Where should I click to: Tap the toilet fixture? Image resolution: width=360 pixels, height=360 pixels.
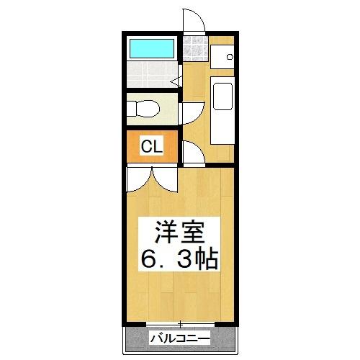[143, 109]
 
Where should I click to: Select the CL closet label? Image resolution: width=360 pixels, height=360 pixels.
[151, 148]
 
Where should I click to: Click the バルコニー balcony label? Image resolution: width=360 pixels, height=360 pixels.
[180, 338]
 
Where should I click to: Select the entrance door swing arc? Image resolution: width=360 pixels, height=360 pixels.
[194, 20]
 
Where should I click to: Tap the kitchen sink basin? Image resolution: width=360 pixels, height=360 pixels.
[222, 95]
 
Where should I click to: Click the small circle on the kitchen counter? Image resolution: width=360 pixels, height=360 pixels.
[230, 56]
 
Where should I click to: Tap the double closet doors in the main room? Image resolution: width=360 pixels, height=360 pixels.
[151, 177]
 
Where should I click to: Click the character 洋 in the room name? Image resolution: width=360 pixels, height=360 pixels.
[165, 233]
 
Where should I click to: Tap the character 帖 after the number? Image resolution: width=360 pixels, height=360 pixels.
[209, 258]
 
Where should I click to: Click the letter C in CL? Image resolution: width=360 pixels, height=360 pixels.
[146, 148]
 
